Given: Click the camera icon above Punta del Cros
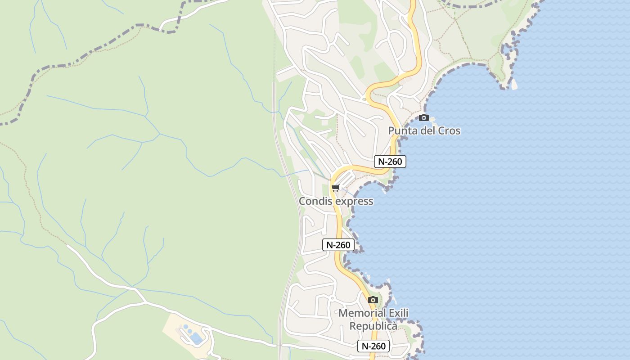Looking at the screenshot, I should click(x=423, y=118).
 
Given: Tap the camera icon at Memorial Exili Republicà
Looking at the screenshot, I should click(x=373, y=300).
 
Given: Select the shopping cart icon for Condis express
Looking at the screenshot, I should click(x=335, y=188).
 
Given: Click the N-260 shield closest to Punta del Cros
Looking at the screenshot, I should click(x=390, y=162).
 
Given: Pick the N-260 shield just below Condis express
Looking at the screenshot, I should click(x=338, y=245).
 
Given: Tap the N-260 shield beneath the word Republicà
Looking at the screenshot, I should click(x=373, y=346).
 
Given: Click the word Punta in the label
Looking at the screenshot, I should click(x=402, y=131).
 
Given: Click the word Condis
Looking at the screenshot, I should click(x=316, y=201).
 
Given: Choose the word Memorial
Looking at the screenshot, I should click(x=362, y=313).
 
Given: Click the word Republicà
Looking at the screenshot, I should click(x=373, y=326).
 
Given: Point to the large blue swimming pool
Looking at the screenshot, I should click(x=196, y=338).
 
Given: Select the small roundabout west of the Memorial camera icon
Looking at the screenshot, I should click(x=332, y=298).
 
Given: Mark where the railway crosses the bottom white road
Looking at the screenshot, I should click(x=280, y=346).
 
